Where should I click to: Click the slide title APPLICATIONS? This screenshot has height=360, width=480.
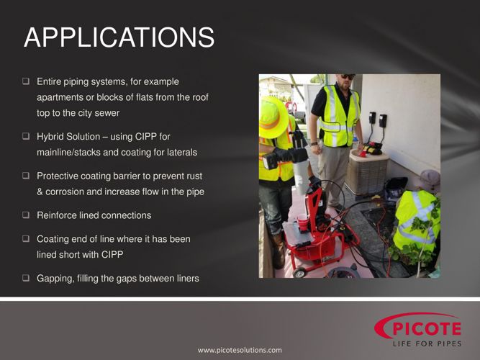tap(119, 37)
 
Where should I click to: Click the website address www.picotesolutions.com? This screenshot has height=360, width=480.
tap(240, 350)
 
